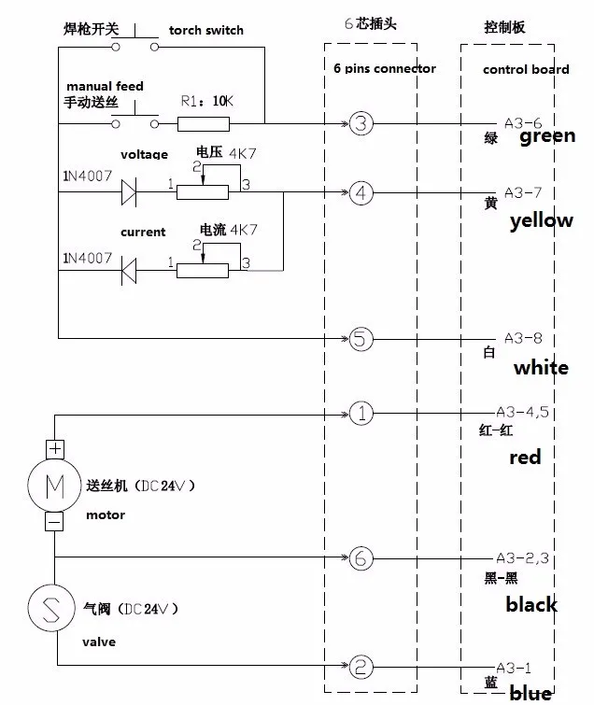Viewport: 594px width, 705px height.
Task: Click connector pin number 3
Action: coord(361,122)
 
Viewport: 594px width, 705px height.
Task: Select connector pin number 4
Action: coord(361,194)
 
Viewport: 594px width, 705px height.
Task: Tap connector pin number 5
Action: coord(361,338)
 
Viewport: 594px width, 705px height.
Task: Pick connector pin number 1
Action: coord(361,413)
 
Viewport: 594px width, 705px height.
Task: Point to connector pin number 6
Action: coord(361,558)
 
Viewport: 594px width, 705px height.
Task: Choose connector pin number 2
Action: coord(361,666)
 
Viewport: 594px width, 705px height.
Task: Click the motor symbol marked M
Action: coord(54,485)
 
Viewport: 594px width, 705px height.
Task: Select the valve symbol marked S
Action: coord(54,608)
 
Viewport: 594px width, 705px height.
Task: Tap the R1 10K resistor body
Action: coord(204,122)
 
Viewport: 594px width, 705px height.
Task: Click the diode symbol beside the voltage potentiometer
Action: coord(129,193)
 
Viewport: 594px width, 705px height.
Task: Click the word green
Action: coord(546,136)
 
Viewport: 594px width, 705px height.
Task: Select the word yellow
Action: coord(542,221)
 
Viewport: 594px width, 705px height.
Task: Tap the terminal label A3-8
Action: coord(522,338)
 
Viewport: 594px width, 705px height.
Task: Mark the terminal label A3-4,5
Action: coord(521,412)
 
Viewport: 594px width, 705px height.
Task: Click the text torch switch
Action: coord(205,30)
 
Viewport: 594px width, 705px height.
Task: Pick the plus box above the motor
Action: coord(54,449)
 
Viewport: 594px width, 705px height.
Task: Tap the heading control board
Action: coord(525,69)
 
